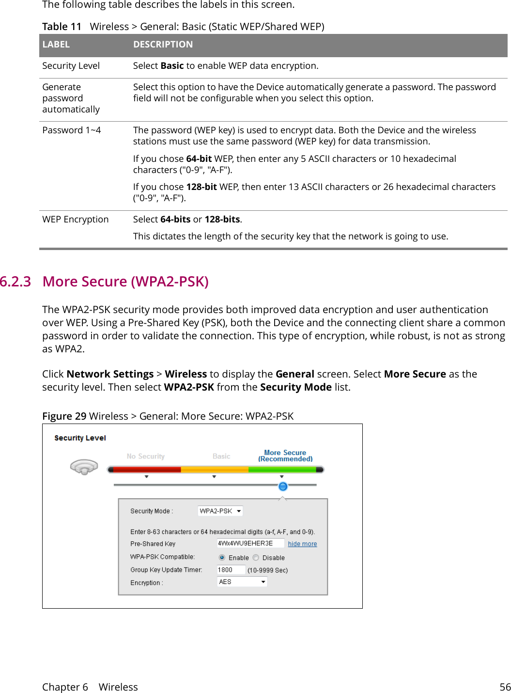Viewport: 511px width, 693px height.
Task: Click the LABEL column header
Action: coord(56,45)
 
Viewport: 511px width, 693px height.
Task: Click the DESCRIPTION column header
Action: coord(163,45)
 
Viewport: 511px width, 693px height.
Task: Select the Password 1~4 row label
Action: coord(72,130)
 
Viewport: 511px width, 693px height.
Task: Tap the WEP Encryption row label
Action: coord(76,220)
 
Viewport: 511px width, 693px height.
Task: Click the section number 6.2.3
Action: coord(15,282)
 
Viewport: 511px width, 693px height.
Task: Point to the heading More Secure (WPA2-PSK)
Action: coord(125,282)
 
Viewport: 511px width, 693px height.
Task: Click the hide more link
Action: coord(302,544)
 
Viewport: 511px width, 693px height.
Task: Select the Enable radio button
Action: coord(222,558)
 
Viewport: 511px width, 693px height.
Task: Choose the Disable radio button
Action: coord(256,558)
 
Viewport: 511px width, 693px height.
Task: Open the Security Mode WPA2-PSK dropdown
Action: coord(220,511)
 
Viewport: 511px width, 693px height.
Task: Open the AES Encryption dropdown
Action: coord(242,582)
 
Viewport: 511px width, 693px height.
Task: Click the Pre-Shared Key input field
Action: coord(250,543)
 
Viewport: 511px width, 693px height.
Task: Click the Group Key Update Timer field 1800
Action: coord(231,570)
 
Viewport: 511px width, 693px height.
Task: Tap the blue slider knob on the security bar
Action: coord(283,486)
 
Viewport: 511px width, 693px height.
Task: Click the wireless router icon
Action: coord(84,467)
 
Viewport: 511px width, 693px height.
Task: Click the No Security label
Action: coord(145,457)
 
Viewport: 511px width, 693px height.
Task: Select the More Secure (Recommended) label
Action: coord(285,456)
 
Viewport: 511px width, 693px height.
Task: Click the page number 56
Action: coord(505,687)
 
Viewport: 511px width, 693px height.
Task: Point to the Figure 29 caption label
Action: coord(64,416)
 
